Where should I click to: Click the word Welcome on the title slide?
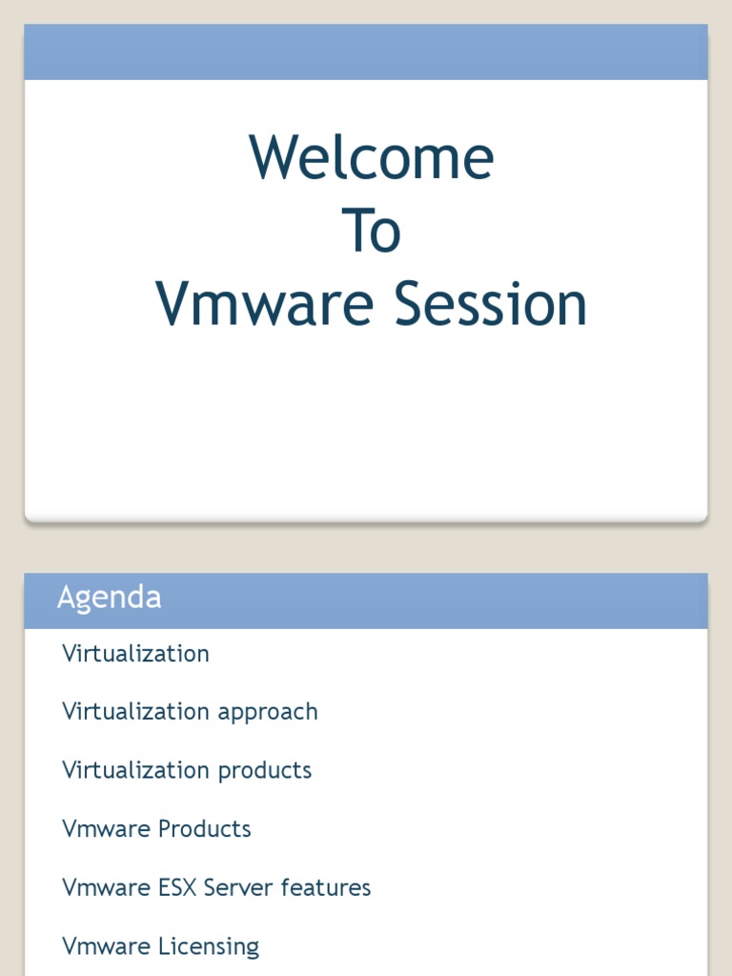(x=372, y=157)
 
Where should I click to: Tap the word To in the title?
(x=371, y=231)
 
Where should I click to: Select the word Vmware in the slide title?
(x=265, y=304)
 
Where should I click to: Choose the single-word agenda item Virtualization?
(x=135, y=654)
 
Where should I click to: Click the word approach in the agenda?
(x=268, y=713)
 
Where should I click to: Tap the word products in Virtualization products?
(x=265, y=771)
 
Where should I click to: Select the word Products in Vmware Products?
(x=204, y=829)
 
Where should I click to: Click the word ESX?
(x=176, y=887)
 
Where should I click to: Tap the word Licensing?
(x=209, y=947)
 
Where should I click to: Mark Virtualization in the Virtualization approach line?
(x=135, y=712)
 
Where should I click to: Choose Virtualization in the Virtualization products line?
(x=135, y=770)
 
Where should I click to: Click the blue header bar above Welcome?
(x=366, y=52)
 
